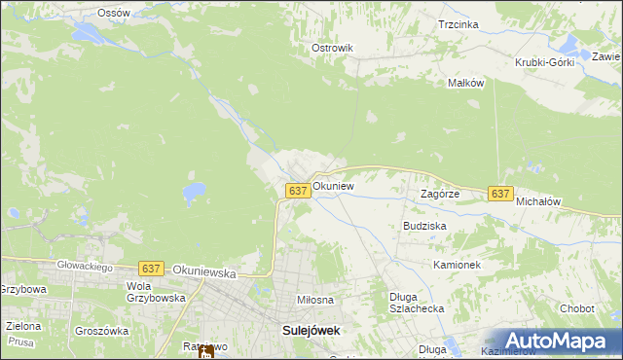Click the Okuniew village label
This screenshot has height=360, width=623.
pyautogui.click(x=333, y=185)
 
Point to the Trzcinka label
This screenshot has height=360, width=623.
pyautogui.click(x=458, y=24)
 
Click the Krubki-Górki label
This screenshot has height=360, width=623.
pyautogui.click(x=544, y=62)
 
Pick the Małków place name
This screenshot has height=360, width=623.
pyautogui.click(x=465, y=84)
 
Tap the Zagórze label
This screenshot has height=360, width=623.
pyautogui.click(x=439, y=194)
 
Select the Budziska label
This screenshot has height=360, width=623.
pyautogui.click(x=424, y=225)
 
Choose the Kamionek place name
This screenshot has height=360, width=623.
pyautogui.click(x=457, y=265)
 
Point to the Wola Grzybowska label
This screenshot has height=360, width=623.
pyautogui.click(x=155, y=292)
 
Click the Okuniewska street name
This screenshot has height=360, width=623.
pyautogui.click(x=203, y=274)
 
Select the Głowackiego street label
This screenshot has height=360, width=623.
pyautogui.click(x=84, y=267)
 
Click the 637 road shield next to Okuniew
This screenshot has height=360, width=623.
pyautogui.click(x=299, y=191)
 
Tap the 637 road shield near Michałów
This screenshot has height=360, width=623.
pyautogui.click(x=500, y=194)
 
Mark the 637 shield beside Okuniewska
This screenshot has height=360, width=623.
pyautogui.click(x=150, y=268)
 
